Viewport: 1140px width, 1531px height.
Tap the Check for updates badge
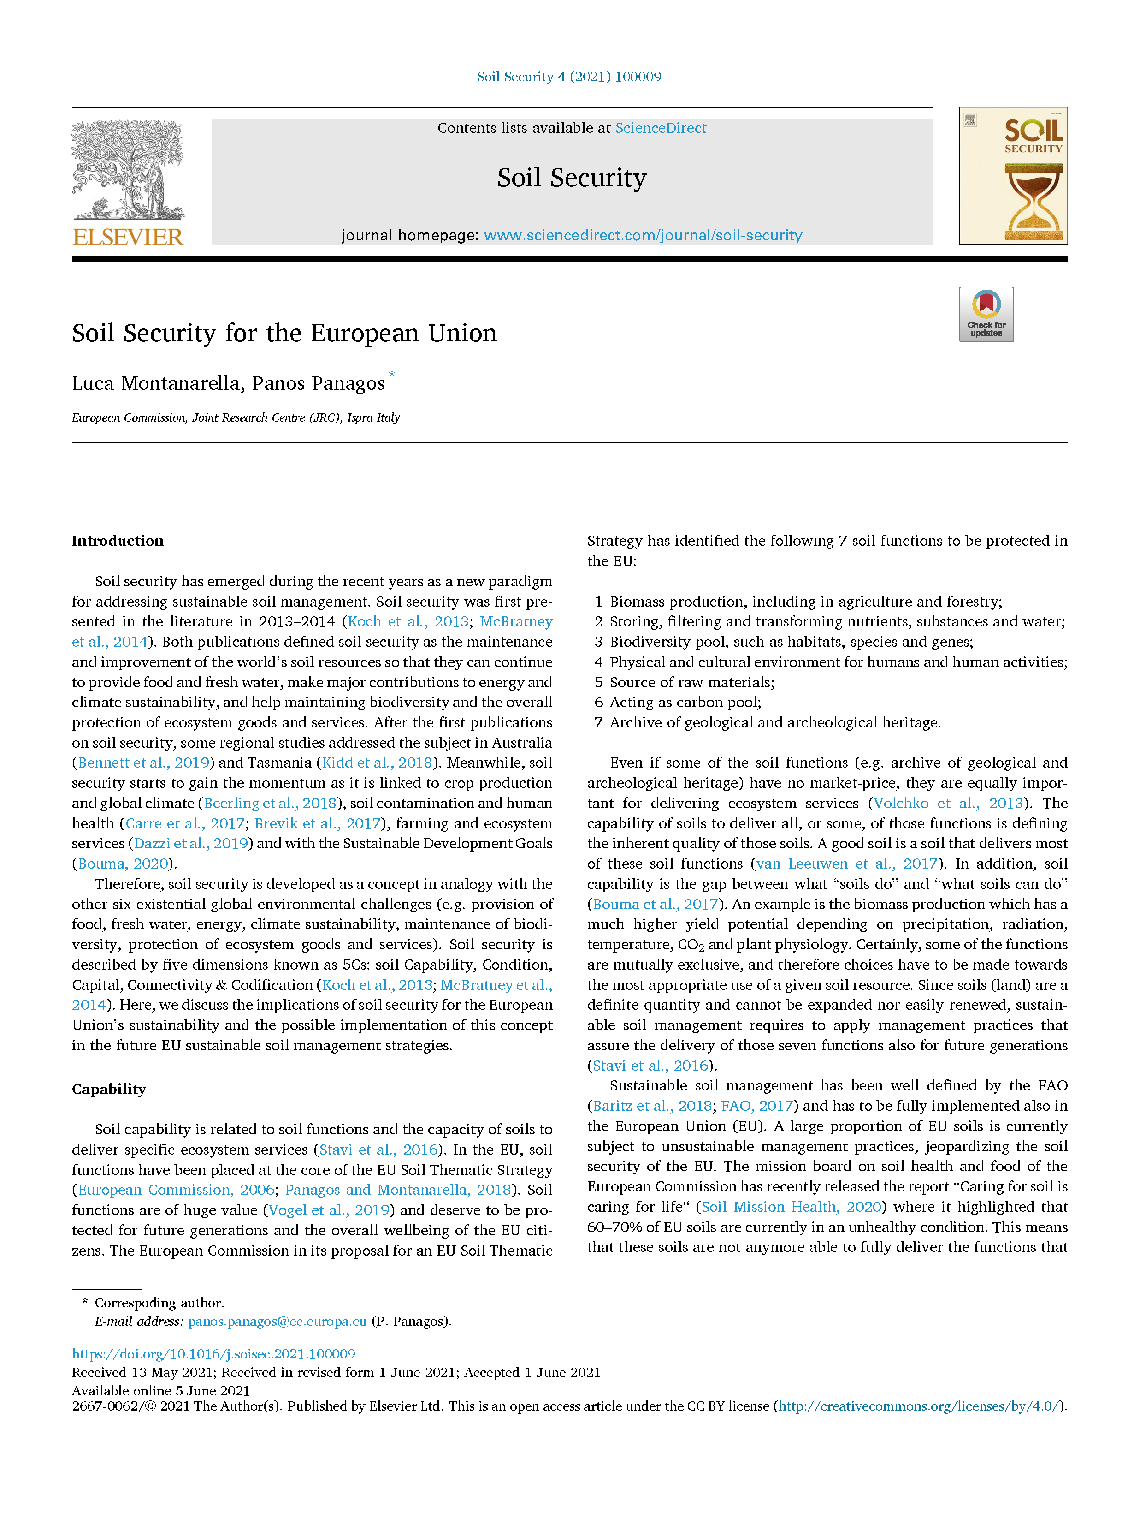point(986,314)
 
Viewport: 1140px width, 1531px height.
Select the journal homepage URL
point(643,236)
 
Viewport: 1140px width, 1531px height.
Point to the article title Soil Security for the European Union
point(284,334)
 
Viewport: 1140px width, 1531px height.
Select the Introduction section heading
point(117,541)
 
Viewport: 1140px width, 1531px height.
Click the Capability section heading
point(109,1089)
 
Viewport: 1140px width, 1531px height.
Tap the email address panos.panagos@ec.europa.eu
point(277,1321)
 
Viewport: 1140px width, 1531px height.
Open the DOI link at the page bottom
point(213,1353)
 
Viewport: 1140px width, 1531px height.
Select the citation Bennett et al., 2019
point(143,763)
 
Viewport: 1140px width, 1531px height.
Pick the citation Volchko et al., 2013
point(947,803)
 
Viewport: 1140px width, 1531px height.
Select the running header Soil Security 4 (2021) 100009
point(569,77)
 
